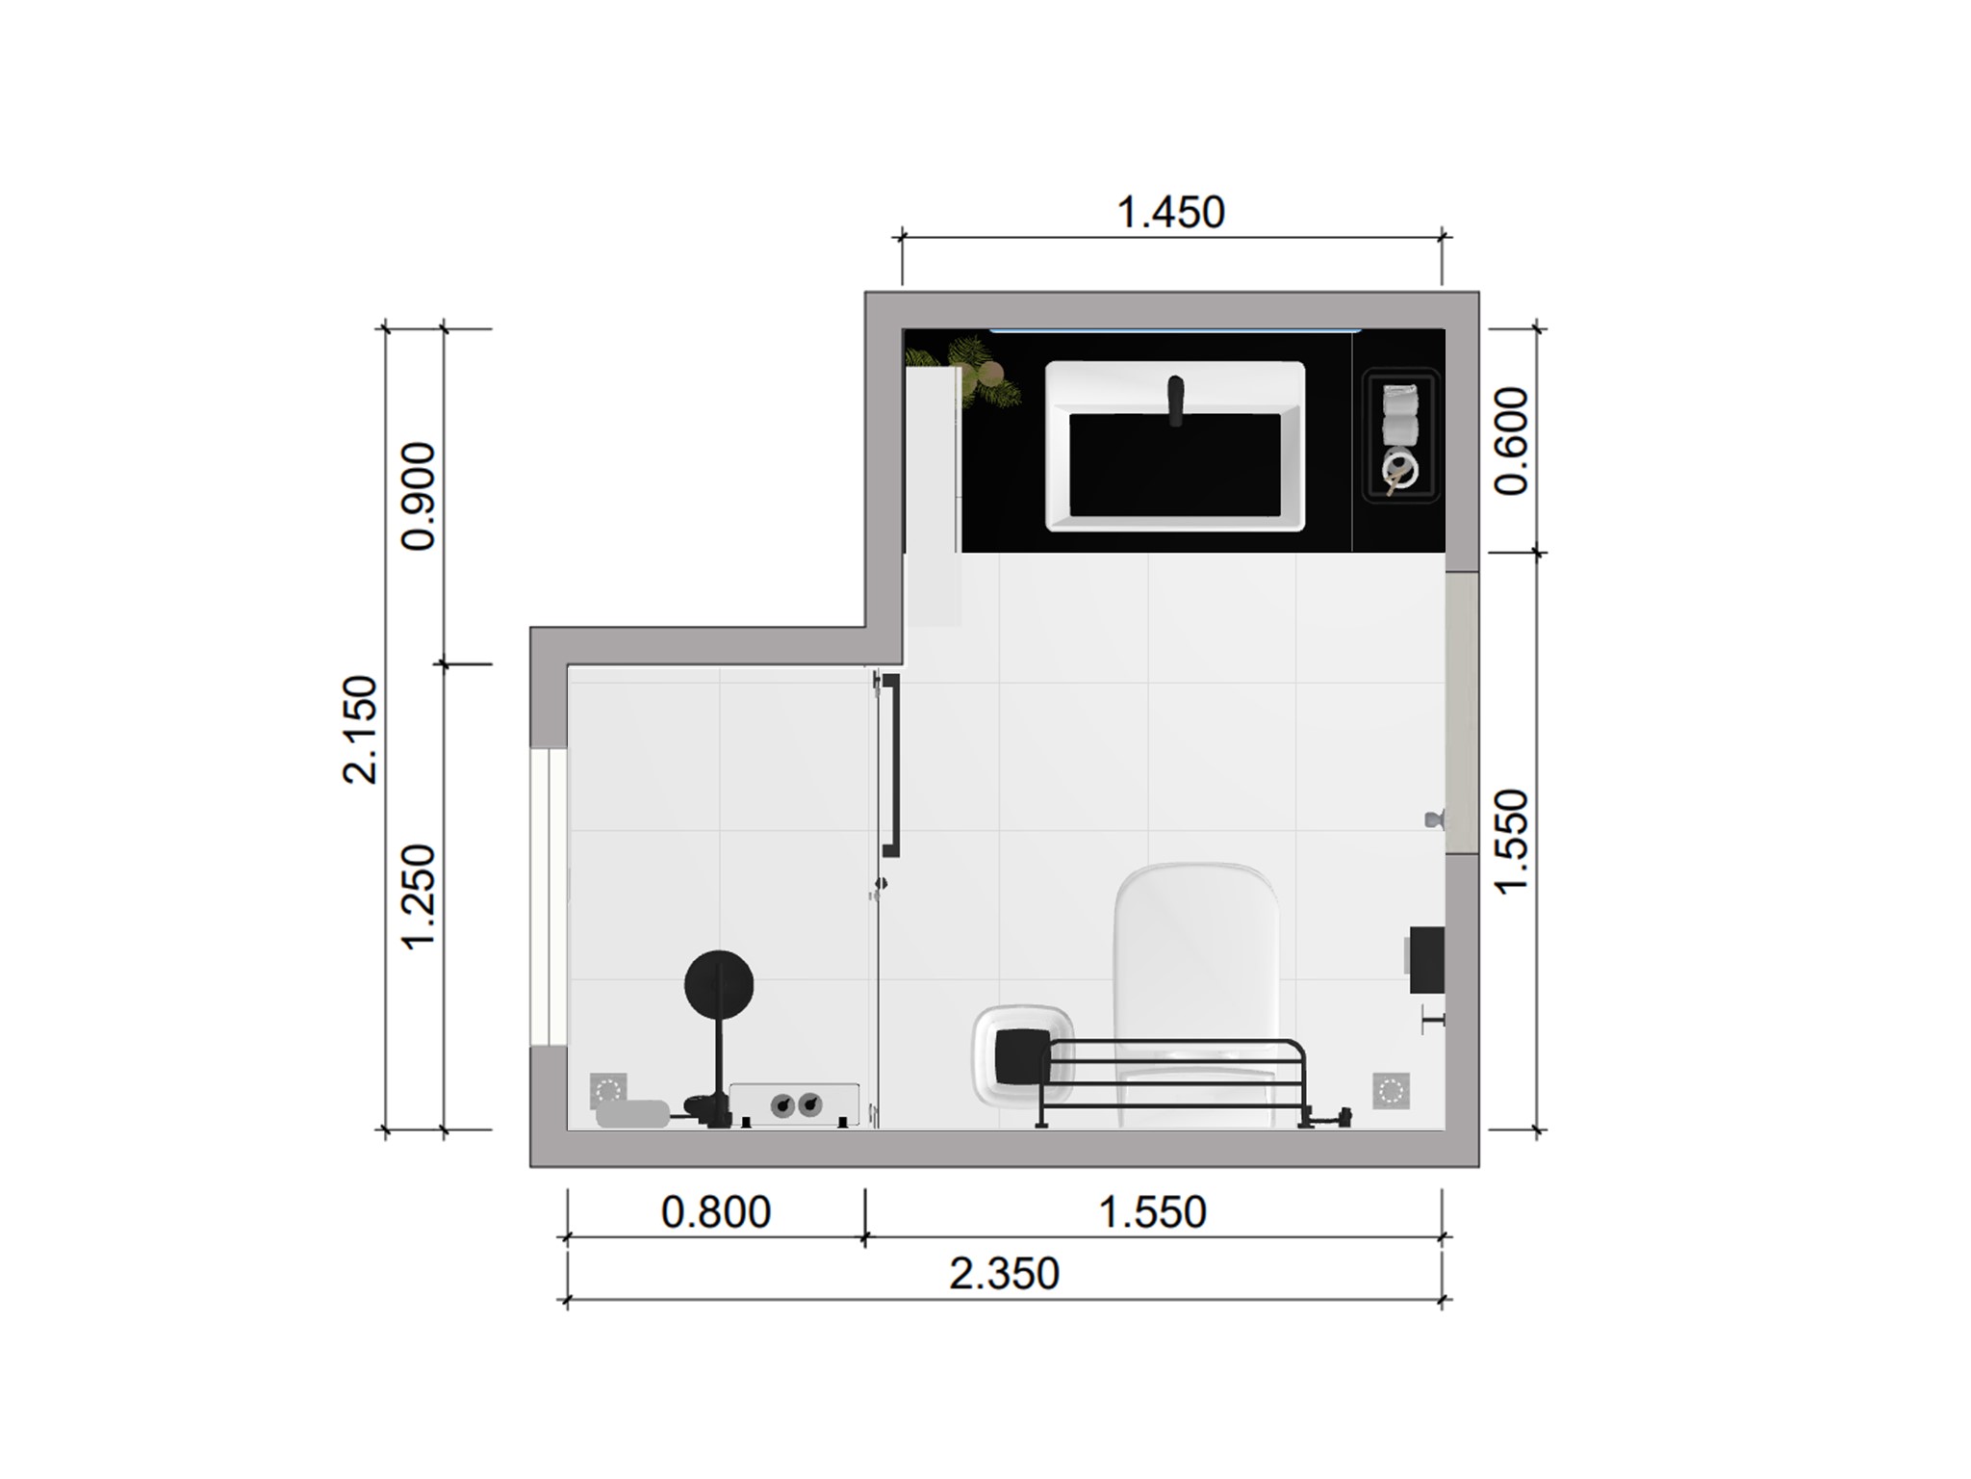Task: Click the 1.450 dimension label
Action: [1170, 213]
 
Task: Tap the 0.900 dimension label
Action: [419, 497]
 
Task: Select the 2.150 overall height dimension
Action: [361, 730]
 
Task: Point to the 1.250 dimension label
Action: [419, 897]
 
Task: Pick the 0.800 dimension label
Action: [716, 1212]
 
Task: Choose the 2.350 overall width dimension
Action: [1004, 1274]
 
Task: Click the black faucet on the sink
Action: [1175, 399]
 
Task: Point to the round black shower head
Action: [719, 985]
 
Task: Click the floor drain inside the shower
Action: [608, 1091]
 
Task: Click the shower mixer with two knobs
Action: [795, 1103]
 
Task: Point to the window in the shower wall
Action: [550, 897]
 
